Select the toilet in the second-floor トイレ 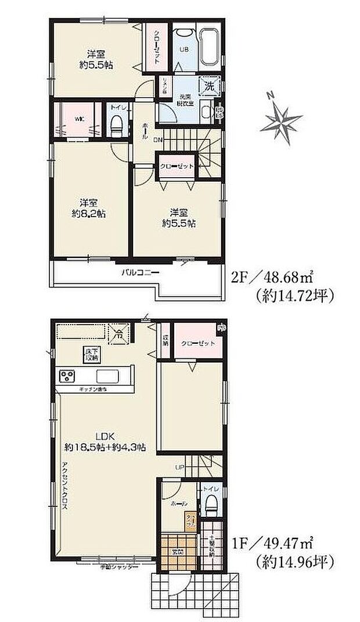[117, 123]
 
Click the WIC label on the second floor [79, 120]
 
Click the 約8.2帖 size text [88, 213]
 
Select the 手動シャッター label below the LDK [118, 566]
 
